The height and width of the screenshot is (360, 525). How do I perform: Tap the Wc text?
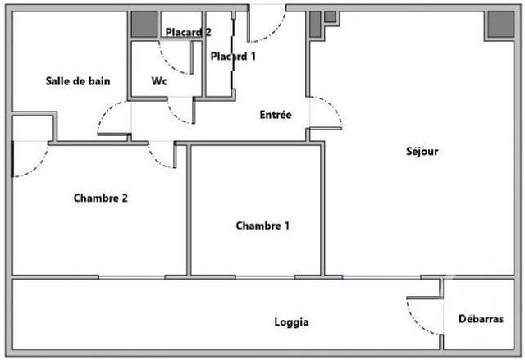coord(160,81)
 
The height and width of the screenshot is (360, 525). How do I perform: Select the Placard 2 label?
coord(188,33)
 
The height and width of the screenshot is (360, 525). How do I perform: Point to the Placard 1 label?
coord(233,57)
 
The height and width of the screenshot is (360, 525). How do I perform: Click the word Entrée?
coord(275,116)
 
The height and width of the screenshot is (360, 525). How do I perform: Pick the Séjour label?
coord(422,151)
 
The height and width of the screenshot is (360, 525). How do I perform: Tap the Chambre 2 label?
coord(100,198)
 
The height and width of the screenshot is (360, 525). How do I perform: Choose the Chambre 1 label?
coord(262,226)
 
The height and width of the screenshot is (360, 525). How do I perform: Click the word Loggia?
coord(291,322)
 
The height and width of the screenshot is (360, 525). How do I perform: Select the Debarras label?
coord(481,319)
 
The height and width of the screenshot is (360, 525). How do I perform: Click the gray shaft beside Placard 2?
coord(144,25)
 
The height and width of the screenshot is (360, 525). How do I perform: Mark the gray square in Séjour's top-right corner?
coord(498,26)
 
